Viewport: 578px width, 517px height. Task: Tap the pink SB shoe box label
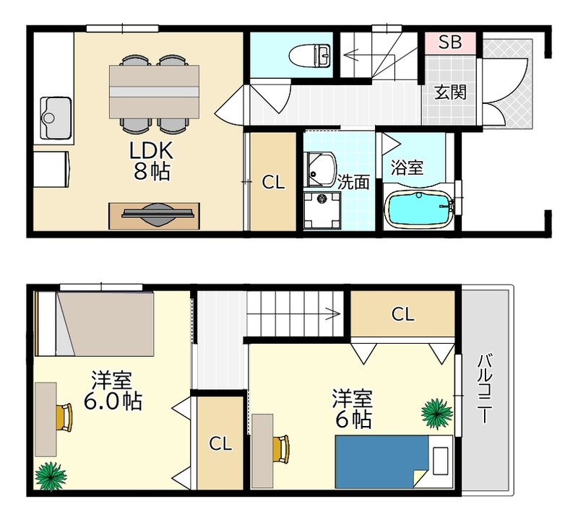pyautogui.click(x=450, y=42)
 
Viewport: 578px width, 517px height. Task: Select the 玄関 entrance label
pyautogui.click(x=449, y=92)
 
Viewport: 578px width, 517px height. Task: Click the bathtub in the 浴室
pyautogui.click(x=420, y=208)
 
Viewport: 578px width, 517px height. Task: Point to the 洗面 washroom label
pyautogui.click(x=354, y=182)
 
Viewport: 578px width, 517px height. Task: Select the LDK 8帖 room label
pyautogui.click(x=150, y=161)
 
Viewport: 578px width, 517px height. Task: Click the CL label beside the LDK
pyautogui.click(x=273, y=183)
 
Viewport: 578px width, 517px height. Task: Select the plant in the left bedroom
pyautogui.click(x=51, y=474)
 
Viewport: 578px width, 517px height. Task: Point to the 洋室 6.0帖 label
pyautogui.click(x=111, y=391)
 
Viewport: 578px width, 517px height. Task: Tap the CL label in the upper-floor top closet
pyautogui.click(x=402, y=314)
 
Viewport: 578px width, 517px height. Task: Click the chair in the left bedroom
pyautogui.click(x=65, y=417)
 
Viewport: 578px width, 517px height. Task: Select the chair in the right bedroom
pyautogui.click(x=281, y=448)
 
